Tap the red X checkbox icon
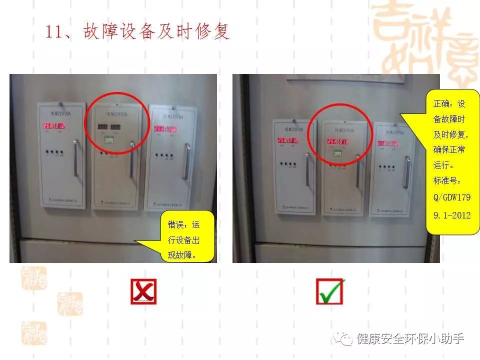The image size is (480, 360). point(143,292)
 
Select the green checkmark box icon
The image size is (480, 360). point(329,291)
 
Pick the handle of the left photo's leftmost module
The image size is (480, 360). point(75,158)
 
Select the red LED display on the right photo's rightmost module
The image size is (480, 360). point(388,143)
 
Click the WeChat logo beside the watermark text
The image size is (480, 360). point(344,339)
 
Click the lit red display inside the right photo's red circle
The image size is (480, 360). point(336,141)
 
